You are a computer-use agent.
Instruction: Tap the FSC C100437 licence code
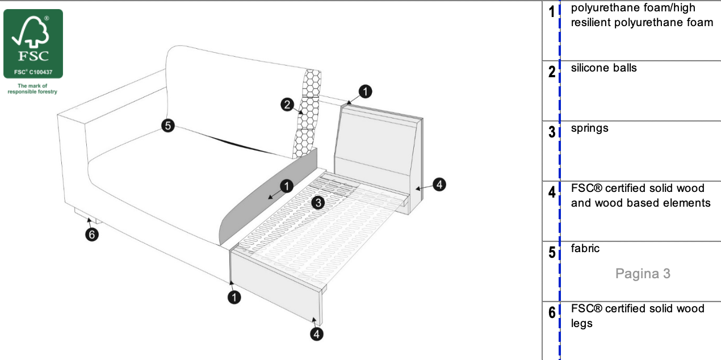tap(33, 73)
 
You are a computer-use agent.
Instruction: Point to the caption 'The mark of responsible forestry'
tap(32, 89)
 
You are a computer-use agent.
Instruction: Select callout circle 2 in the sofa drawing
tap(287, 104)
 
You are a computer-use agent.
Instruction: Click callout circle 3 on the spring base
tap(318, 202)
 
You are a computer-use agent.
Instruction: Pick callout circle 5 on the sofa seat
tap(167, 125)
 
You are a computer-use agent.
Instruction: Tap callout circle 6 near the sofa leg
tap(92, 235)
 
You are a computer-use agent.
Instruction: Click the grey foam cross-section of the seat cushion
tap(267, 199)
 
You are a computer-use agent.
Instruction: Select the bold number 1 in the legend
tap(551, 12)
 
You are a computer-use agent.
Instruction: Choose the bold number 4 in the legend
tap(551, 192)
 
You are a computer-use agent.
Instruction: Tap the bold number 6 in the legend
tap(551, 312)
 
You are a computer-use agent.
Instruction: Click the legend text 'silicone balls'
tap(604, 68)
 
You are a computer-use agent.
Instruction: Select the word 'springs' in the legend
tap(590, 128)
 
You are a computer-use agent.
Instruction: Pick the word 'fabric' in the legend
tap(585, 249)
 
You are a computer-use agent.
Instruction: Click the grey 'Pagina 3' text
tap(643, 274)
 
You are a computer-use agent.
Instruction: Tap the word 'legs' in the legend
tap(582, 324)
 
